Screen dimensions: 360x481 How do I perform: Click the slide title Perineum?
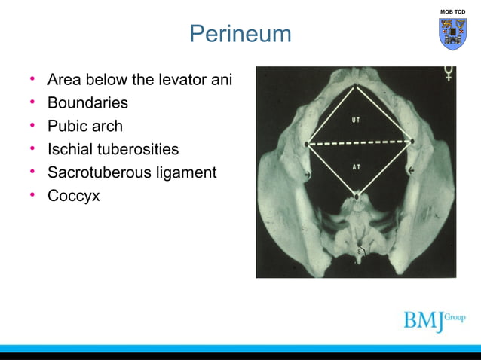tap(240, 34)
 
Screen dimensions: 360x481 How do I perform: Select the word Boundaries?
tap(87, 103)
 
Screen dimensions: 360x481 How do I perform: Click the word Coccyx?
tap(73, 196)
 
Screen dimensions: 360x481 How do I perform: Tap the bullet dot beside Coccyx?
tap(32, 196)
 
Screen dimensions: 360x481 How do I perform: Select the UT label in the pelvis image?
tap(356, 120)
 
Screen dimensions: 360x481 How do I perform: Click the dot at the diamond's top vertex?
tap(357, 84)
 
